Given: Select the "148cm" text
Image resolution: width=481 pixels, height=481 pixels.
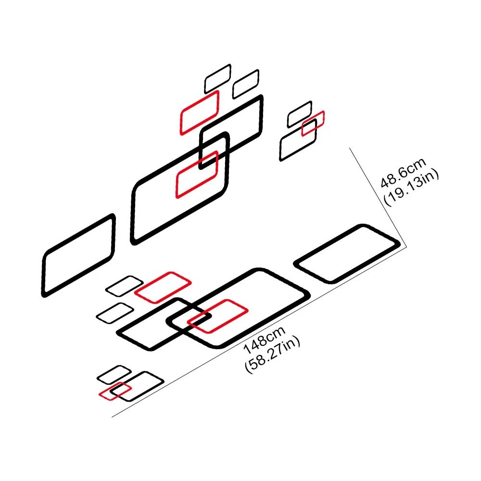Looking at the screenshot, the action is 265,340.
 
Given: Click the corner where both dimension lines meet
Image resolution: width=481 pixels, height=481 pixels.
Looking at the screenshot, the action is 407,247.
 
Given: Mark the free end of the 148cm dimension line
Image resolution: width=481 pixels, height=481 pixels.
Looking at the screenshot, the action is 112,417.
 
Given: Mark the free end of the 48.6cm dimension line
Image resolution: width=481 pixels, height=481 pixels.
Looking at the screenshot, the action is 349,148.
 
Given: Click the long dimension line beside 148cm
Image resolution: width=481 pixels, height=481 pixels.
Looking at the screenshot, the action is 259,332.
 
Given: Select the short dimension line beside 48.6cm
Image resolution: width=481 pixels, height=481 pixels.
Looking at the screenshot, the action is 378,197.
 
